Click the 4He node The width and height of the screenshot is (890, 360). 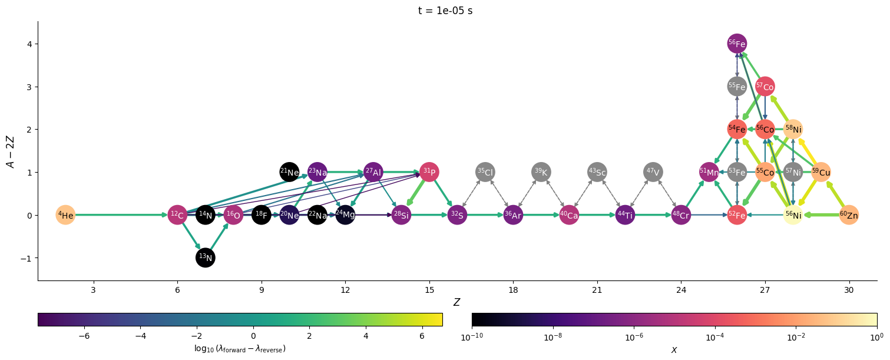(x=65, y=215)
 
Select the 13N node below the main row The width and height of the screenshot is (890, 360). (x=206, y=257)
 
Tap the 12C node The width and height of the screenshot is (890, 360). (x=177, y=215)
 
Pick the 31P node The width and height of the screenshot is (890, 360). (x=429, y=172)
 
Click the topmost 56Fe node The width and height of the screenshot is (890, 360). (x=737, y=44)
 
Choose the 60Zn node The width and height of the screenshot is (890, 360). (x=849, y=215)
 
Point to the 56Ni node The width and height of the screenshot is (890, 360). (x=793, y=215)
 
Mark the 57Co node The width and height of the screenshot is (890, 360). (x=765, y=87)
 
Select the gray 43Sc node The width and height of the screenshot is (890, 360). (x=597, y=172)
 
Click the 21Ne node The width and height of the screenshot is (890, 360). (x=289, y=172)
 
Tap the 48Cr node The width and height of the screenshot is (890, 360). (x=681, y=215)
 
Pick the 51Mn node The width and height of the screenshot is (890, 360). (x=709, y=172)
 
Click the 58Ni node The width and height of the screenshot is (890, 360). (x=793, y=129)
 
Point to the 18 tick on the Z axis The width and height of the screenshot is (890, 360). (x=513, y=290)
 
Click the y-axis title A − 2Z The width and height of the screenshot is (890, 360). (x=11, y=151)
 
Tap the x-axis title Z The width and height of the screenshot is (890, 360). (x=456, y=302)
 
